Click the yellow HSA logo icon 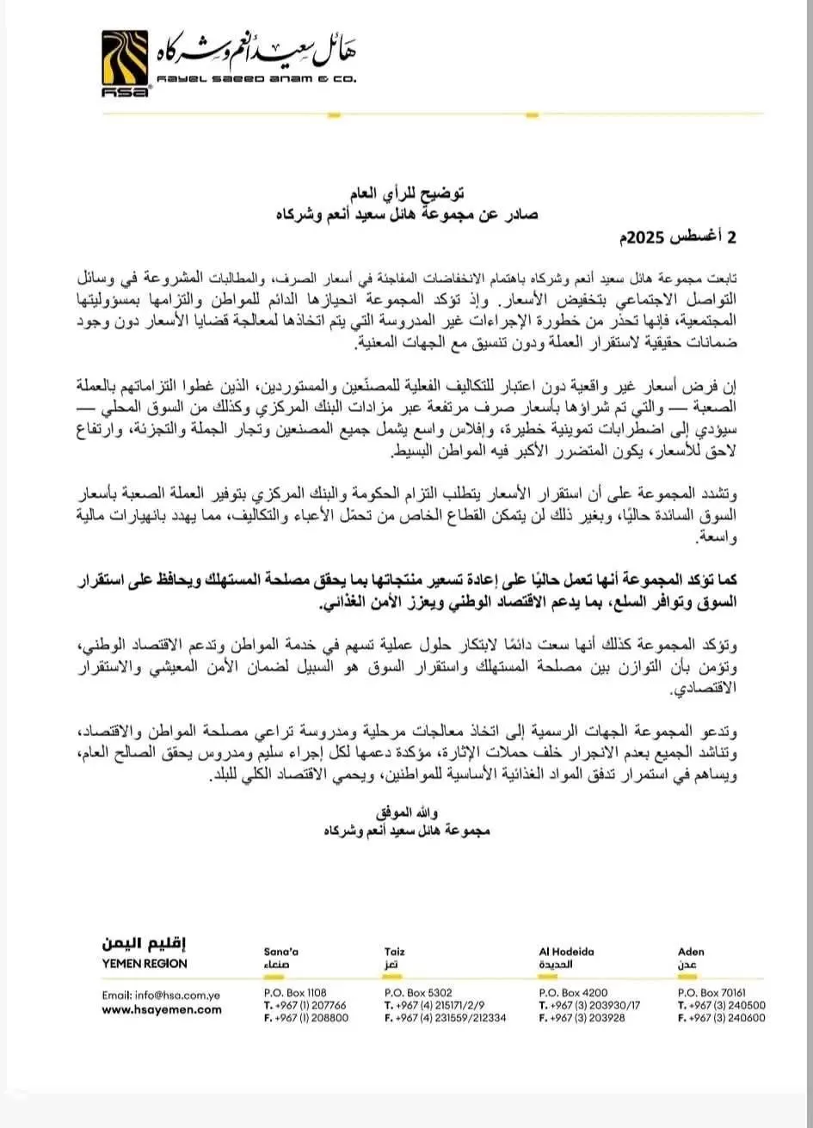pyautogui.click(x=126, y=61)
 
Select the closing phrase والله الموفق pyautogui.click(x=401, y=812)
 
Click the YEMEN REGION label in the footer pyautogui.click(x=145, y=964)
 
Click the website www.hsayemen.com pyautogui.click(x=162, y=1010)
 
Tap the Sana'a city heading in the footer pyautogui.click(x=280, y=952)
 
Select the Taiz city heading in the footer pyautogui.click(x=395, y=952)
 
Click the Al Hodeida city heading pyautogui.click(x=566, y=952)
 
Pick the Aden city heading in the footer pyautogui.click(x=691, y=952)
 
